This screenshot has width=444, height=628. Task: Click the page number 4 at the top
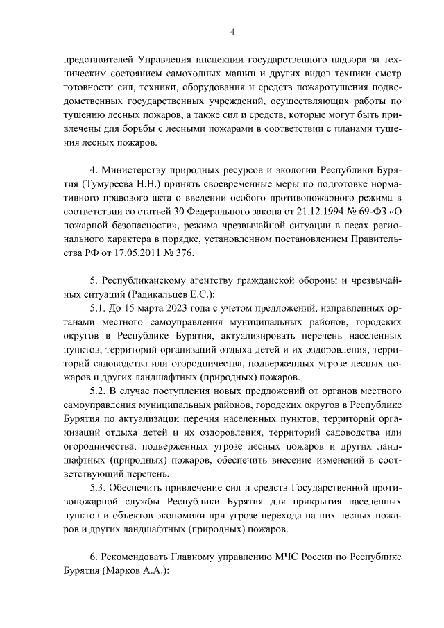[x=232, y=31]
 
